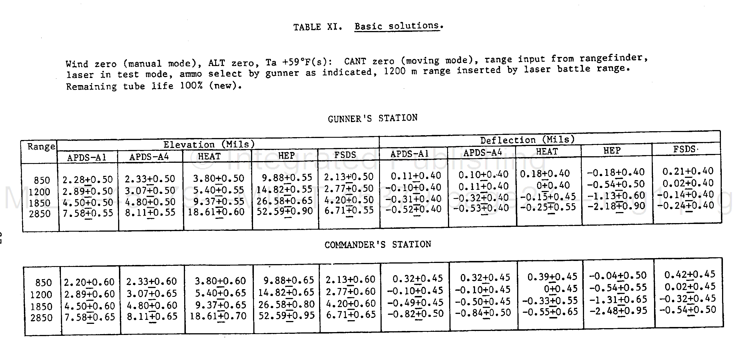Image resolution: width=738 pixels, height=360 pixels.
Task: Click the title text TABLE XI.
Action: coord(317,27)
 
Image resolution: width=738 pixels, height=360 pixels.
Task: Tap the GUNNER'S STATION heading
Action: coord(373,118)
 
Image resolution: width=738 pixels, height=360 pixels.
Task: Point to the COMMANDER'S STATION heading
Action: coord(378,244)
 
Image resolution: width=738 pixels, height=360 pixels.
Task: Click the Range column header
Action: coord(41,147)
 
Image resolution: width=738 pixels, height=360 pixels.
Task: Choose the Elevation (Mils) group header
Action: coord(209,144)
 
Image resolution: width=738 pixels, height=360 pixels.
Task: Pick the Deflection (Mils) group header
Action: coord(527,140)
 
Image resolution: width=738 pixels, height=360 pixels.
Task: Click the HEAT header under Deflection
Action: coord(547,151)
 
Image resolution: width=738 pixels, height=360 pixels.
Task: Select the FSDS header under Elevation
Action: coord(345,155)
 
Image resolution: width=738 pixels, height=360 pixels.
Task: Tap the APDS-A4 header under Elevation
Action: coord(149,157)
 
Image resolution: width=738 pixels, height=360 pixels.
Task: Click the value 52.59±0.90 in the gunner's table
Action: coord(285,211)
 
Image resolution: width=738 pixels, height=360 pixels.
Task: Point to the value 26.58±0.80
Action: coord(287,304)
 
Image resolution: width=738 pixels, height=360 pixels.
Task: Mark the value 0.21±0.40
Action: coord(688,171)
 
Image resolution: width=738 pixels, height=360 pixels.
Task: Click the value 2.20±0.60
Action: coord(89,282)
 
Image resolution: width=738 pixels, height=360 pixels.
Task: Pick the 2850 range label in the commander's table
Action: coord(42,318)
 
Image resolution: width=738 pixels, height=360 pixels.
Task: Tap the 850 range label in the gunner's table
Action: coord(42,180)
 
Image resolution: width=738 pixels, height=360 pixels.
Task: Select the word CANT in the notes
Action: coord(355,61)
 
